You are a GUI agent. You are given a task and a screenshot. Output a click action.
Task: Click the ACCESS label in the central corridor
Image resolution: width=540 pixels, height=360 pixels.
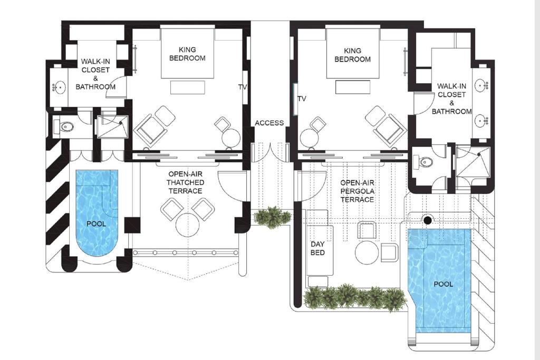pyautogui.click(x=269, y=123)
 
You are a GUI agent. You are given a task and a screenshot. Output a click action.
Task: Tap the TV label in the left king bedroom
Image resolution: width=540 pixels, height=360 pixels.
pyautogui.click(x=243, y=87)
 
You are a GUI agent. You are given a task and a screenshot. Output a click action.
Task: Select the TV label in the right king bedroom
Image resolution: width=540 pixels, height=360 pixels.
pyautogui.click(x=302, y=99)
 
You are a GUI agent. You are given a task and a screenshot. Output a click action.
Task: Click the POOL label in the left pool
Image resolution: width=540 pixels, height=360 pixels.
pyautogui.click(x=96, y=223)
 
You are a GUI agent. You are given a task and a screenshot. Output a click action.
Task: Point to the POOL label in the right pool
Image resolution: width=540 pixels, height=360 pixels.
pyautogui.click(x=443, y=284)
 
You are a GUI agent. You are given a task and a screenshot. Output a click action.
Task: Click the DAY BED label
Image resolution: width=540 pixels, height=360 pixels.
pyautogui.click(x=317, y=248)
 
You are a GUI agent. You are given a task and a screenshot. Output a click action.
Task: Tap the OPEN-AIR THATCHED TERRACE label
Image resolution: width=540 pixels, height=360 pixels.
pyautogui.click(x=186, y=182)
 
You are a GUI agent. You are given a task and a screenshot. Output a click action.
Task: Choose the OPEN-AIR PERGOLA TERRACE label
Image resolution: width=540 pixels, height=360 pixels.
pyautogui.click(x=357, y=191)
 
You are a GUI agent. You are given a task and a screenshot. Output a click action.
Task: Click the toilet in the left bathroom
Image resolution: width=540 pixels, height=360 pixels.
pyautogui.click(x=65, y=127)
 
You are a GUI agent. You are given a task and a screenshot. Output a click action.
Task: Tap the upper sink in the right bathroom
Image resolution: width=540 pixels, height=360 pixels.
pyautogui.click(x=481, y=85)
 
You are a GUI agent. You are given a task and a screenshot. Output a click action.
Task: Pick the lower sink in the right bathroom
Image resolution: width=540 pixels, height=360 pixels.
pyautogui.click(x=481, y=121)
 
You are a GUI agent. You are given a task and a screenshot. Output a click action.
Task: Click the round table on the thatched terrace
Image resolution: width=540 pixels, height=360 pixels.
pyautogui.click(x=188, y=225)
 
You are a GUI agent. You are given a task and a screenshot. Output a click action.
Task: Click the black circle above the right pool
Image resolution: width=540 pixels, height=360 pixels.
pyautogui.click(x=428, y=220)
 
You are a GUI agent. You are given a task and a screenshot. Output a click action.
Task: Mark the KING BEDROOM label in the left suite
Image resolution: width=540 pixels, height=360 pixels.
pyautogui.click(x=187, y=54)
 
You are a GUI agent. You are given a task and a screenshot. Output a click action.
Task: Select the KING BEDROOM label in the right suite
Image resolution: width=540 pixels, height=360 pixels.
pyautogui.click(x=352, y=55)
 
